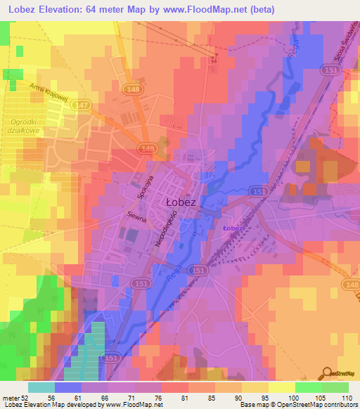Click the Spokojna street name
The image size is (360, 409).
pyautogui.click(x=136, y=186)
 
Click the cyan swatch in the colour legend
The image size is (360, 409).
pyautogui.click(x=41, y=387)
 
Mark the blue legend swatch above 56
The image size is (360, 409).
pyautogui.click(x=68, y=387)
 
